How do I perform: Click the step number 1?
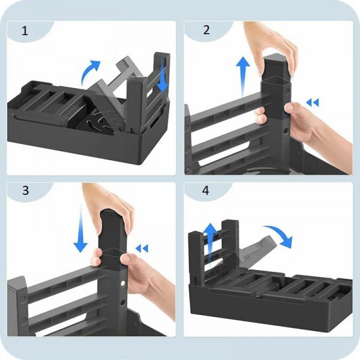25,31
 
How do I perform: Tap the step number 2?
206,30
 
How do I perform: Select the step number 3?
25,190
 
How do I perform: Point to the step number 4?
206,190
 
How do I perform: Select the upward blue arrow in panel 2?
243,76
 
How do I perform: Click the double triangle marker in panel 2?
313,103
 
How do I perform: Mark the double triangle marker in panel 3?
142,248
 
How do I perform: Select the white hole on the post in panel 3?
123,283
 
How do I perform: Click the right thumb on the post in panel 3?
126,258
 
